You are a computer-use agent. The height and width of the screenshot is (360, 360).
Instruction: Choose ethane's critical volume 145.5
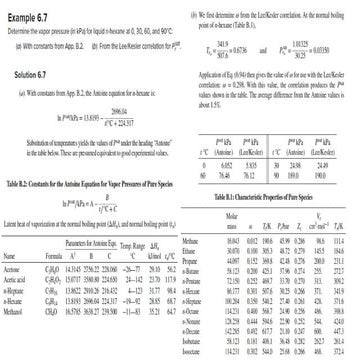[x=325, y=223]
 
